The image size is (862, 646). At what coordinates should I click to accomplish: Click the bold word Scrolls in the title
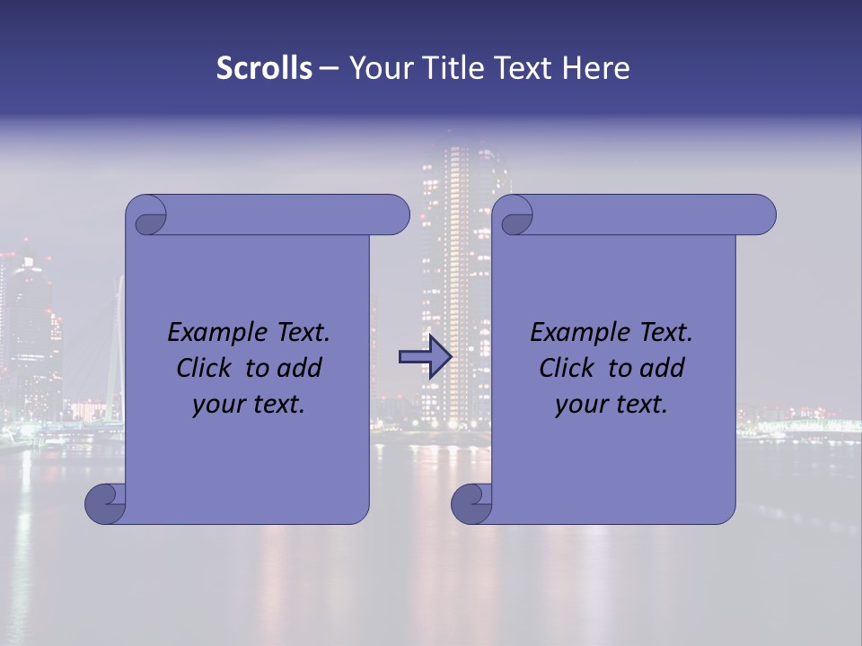(264, 68)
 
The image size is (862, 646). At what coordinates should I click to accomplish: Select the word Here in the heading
(596, 68)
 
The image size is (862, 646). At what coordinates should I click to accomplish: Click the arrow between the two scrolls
(425, 357)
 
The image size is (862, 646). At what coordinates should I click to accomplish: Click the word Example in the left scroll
(212, 333)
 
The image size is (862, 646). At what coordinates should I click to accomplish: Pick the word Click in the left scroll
(205, 368)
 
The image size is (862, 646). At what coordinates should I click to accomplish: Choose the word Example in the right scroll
(575, 333)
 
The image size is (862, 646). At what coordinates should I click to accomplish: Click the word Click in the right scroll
(567, 368)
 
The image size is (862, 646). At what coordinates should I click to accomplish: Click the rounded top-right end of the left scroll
(395, 214)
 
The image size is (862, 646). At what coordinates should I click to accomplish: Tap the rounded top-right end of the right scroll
(761, 214)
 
